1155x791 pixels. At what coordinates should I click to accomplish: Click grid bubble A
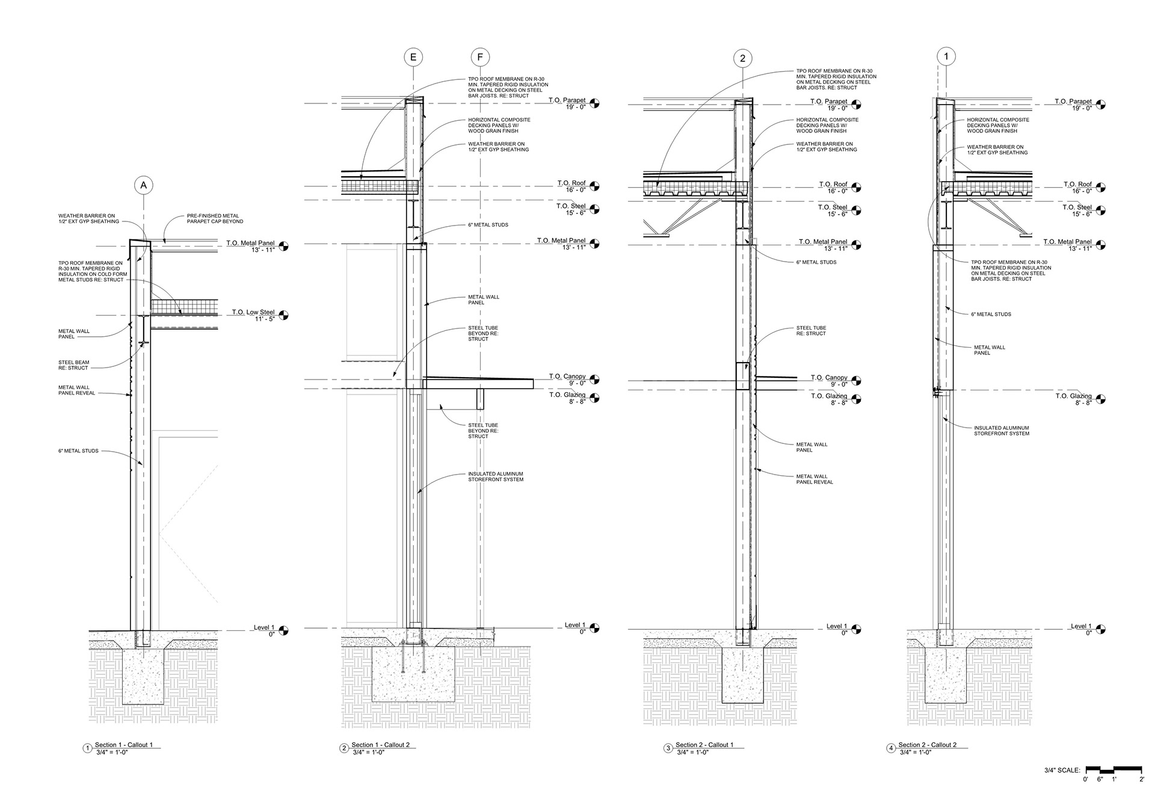click(143, 185)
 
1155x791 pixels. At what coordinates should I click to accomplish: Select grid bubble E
click(413, 58)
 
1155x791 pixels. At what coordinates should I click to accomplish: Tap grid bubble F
click(479, 58)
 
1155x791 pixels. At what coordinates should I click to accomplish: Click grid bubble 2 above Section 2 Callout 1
click(743, 58)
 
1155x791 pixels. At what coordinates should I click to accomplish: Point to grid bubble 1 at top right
click(946, 57)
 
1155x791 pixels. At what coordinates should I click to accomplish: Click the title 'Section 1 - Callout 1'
click(123, 745)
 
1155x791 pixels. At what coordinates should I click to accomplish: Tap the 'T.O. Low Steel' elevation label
click(253, 312)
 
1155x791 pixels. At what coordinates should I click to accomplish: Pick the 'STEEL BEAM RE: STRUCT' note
click(73, 365)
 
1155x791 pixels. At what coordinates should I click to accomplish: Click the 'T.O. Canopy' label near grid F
click(567, 377)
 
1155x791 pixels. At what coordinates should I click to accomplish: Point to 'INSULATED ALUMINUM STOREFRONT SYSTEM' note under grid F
click(496, 476)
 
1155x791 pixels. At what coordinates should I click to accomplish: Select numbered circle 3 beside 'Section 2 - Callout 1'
click(668, 748)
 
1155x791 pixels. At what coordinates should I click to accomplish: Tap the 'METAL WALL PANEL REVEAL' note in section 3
click(815, 479)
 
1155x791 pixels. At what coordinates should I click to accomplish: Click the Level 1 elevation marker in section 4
click(1100, 629)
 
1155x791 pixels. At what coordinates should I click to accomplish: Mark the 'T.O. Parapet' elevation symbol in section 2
click(594, 103)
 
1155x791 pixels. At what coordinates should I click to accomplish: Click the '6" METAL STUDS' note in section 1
click(78, 451)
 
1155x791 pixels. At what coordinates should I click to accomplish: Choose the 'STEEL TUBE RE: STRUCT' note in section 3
click(811, 331)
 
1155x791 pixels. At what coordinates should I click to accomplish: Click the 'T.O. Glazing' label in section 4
click(1073, 396)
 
